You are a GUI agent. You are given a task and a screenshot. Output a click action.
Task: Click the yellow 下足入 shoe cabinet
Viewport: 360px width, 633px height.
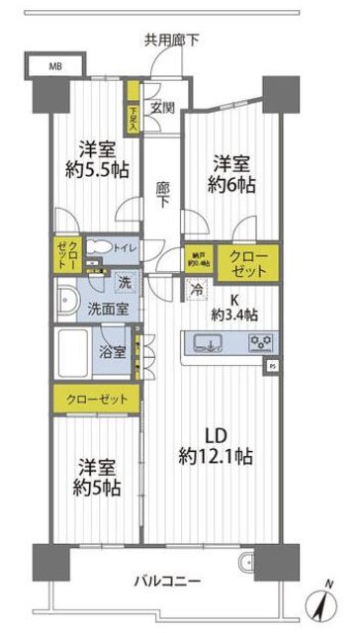tap(133, 115)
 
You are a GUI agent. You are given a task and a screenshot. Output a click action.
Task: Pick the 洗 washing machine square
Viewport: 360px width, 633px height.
tap(124, 282)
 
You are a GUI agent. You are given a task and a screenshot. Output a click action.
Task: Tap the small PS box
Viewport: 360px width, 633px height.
tap(272, 367)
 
